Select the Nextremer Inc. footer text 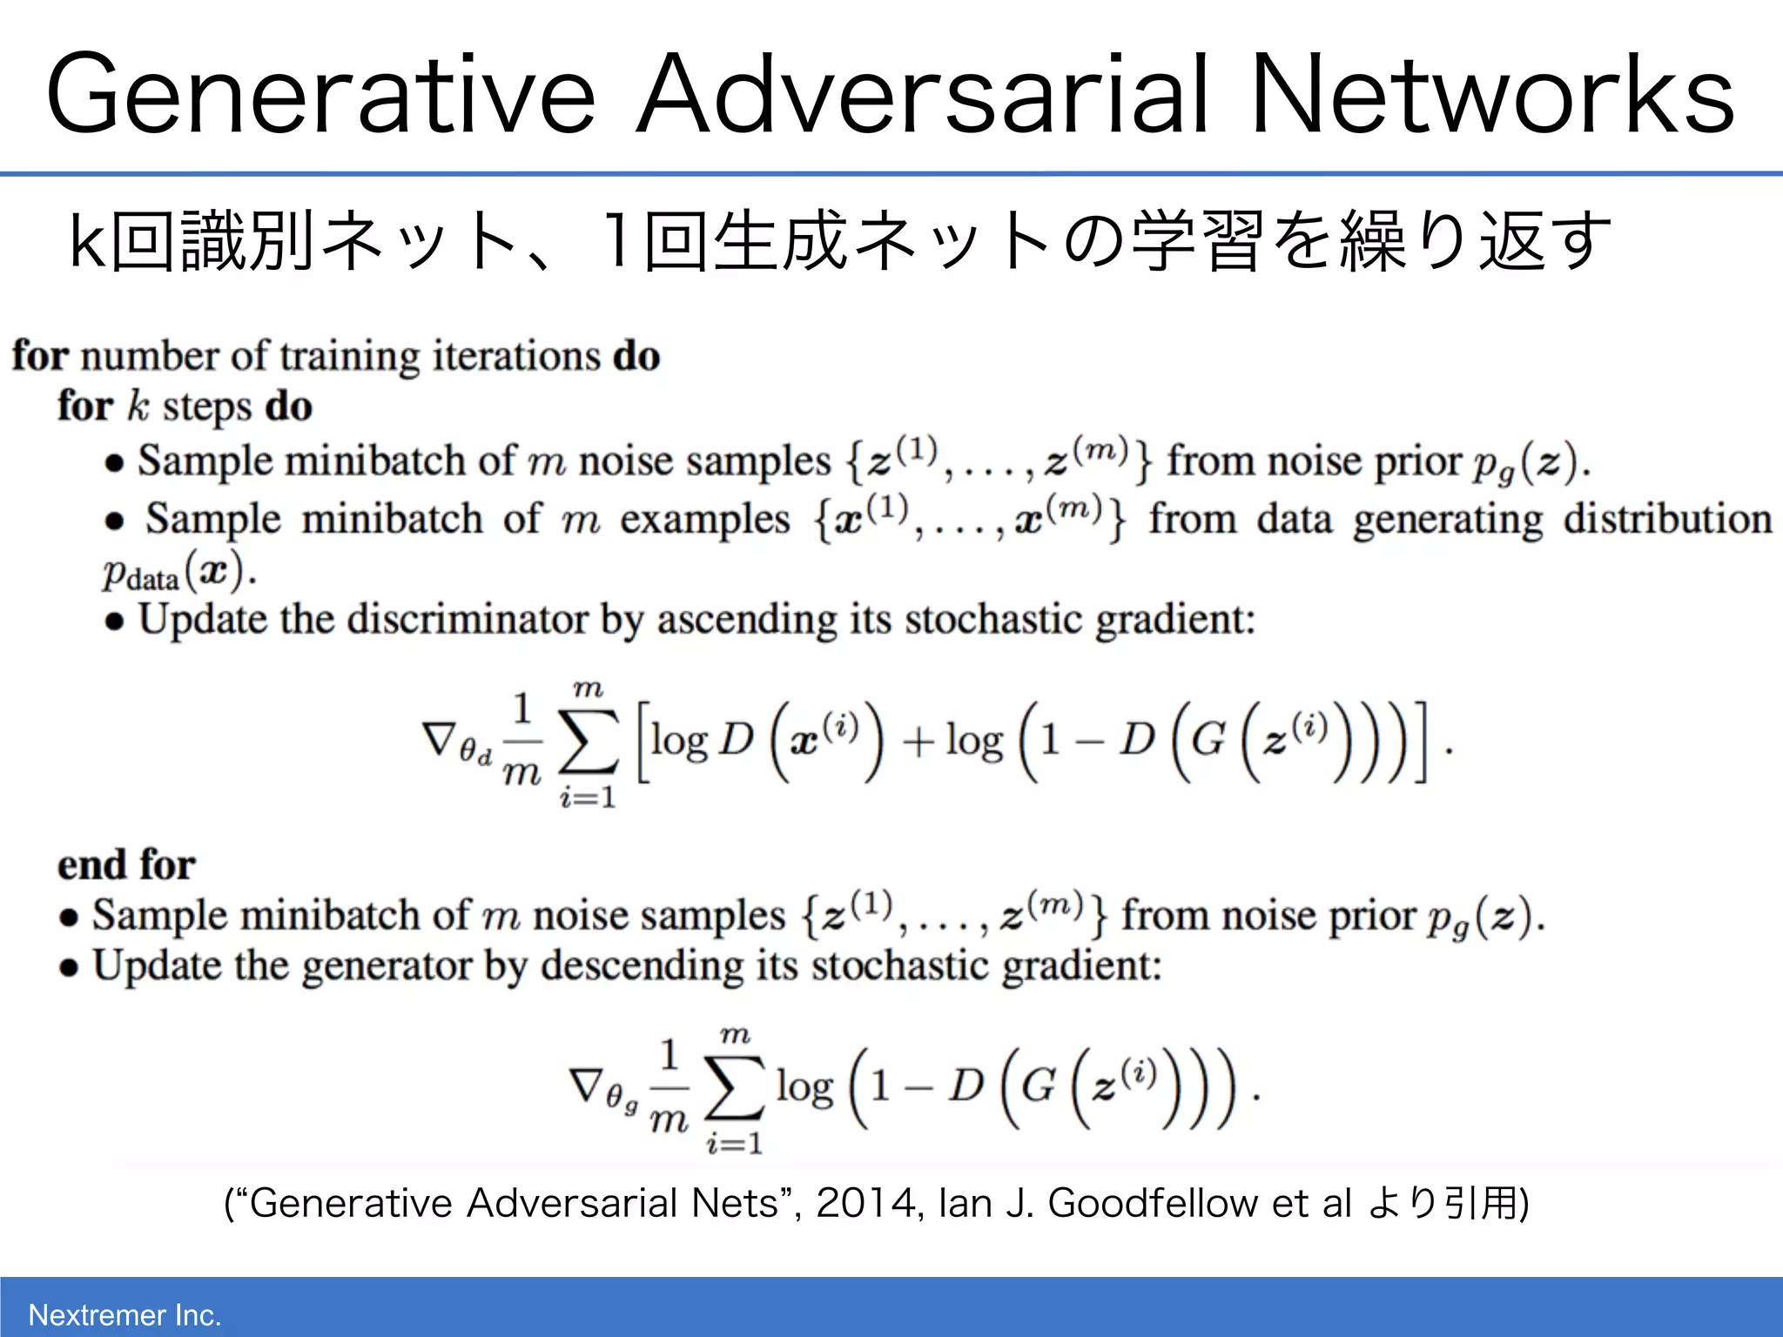tap(124, 1314)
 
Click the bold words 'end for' tap(126, 865)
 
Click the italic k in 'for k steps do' tap(138, 406)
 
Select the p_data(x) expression tap(177, 573)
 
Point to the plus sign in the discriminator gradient tap(918, 742)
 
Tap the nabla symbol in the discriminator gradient tap(439, 738)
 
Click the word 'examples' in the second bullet tap(704, 520)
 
